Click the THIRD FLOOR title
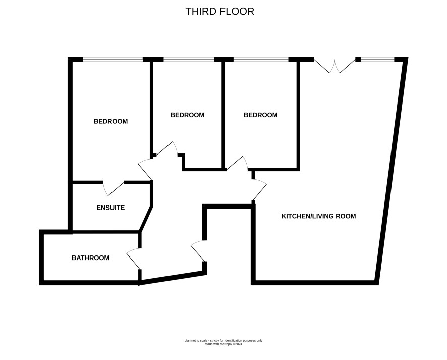pyautogui.click(x=219, y=12)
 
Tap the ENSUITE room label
pyautogui.click(x=110, y=208)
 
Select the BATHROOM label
pyautogui.click(x=91, y=258)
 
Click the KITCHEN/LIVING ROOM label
pyautogui.click(x=318, y=216)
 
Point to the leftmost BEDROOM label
pyautogui.click(x=110, y=121)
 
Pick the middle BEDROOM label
pyautogui.click(x=187, y=115)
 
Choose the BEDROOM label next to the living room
pyautogui.click(x=260, y=115)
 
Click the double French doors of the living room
pyautogui.click(x=334, y=66)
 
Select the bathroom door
pyautogui.click(x=133, y=259)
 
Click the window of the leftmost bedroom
pyautogui.click(x=113, y=60)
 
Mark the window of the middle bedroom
pyautogui.click(x=189, y=60)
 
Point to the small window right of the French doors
pyautogui.click(x=377, y=60)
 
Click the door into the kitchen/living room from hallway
pyautogui.click(x=259, y=190)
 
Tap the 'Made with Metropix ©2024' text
pyautogui.click(x=224, y=344)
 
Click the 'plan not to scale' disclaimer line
pyautogui.click(x=224, y=341)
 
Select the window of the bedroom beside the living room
pyautogui.click(x=261, y=60)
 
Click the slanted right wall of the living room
pyautogui.click(x=391, y=171)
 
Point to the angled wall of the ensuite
pyautogui.click(x=146, y=219)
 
